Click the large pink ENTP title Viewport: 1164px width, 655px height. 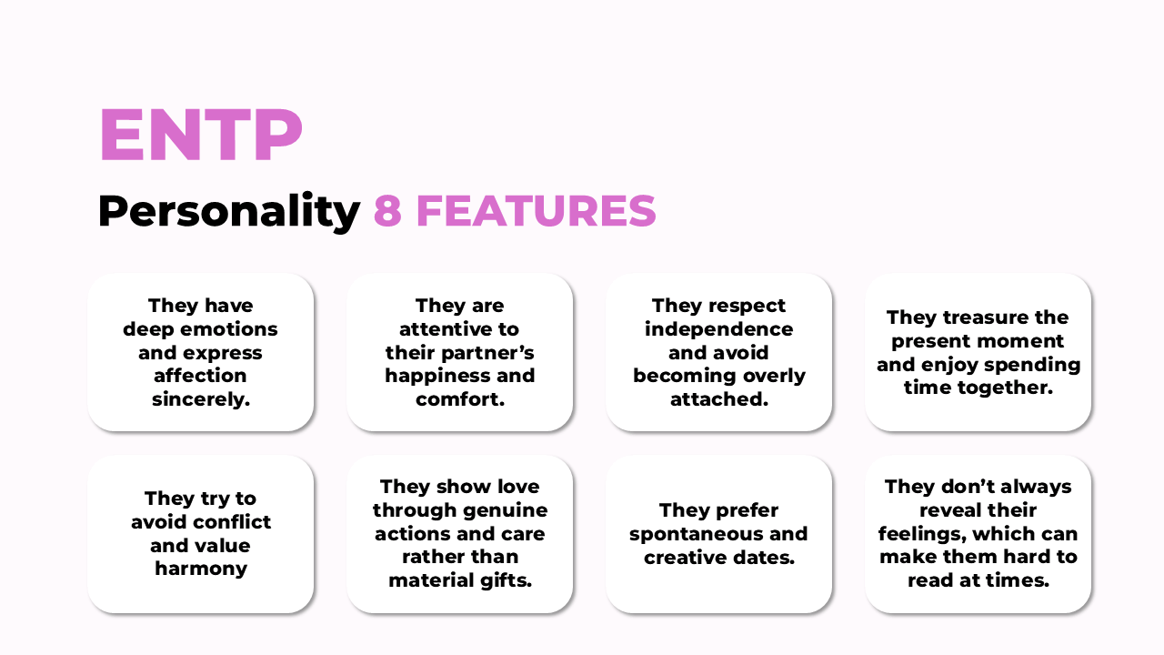(x=201, y=135)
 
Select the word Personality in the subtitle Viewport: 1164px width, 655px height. (x=229, y=211)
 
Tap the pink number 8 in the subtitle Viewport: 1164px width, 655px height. (x=387, y=211)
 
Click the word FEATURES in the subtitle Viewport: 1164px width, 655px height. (x=537, y=211)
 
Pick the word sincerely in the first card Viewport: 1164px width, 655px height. (x=201, y=399)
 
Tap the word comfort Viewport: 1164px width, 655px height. (x=460, y=399)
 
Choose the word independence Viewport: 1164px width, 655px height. (x=719, y=329)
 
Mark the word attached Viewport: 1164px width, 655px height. (x=719, y=399)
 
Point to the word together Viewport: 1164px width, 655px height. (x=1006, y=388)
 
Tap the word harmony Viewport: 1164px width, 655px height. (x=201, y=569)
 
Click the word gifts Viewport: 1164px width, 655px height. (x=507, y=580)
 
